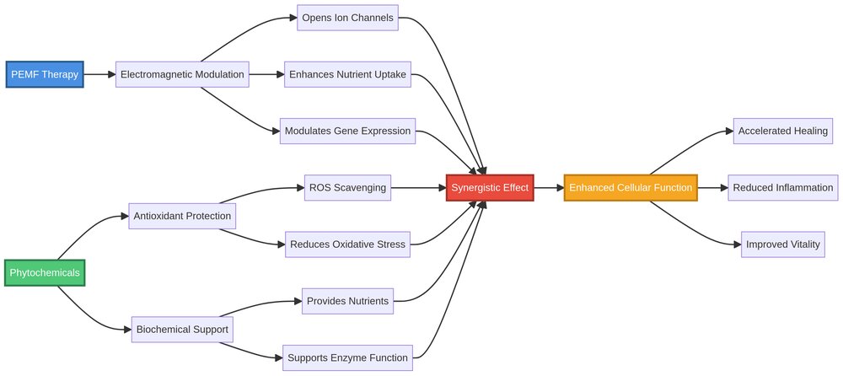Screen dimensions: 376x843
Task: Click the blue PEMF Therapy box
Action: (x=45, y=74)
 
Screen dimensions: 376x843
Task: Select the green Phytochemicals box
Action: (x=45, y=273)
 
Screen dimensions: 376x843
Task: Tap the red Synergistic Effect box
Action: (x=490, y=187)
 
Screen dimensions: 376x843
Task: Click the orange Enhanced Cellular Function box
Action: (x=631, y=187)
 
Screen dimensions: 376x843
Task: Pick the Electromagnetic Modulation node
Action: (x=182, y=74)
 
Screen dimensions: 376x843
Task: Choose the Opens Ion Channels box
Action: (x=347, y=18)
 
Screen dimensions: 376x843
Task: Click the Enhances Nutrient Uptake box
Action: (x=347, y=74)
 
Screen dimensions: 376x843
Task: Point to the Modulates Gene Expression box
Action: (x=347, y=131)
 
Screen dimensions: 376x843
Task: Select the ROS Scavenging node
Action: (x=347, y=187)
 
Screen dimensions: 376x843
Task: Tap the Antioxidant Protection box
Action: (x=182, y=216)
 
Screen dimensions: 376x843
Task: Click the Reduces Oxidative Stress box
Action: (x=347, y=244)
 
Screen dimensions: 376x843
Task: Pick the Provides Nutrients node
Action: (x=347, y=301)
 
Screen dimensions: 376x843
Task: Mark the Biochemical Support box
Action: (x=182, y=329)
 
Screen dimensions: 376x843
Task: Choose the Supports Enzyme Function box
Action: (x=347, y=357)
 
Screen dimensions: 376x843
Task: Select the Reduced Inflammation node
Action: (x=783, y=187)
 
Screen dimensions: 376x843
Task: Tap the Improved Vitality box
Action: (x=783, y=244)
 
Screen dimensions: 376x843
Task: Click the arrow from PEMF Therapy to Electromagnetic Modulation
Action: (x=99, y=74)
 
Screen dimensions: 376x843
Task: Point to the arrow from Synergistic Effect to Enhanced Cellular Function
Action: (x=548, y=187)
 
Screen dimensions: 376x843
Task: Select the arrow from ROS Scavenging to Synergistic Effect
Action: (x=419, y=187)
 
